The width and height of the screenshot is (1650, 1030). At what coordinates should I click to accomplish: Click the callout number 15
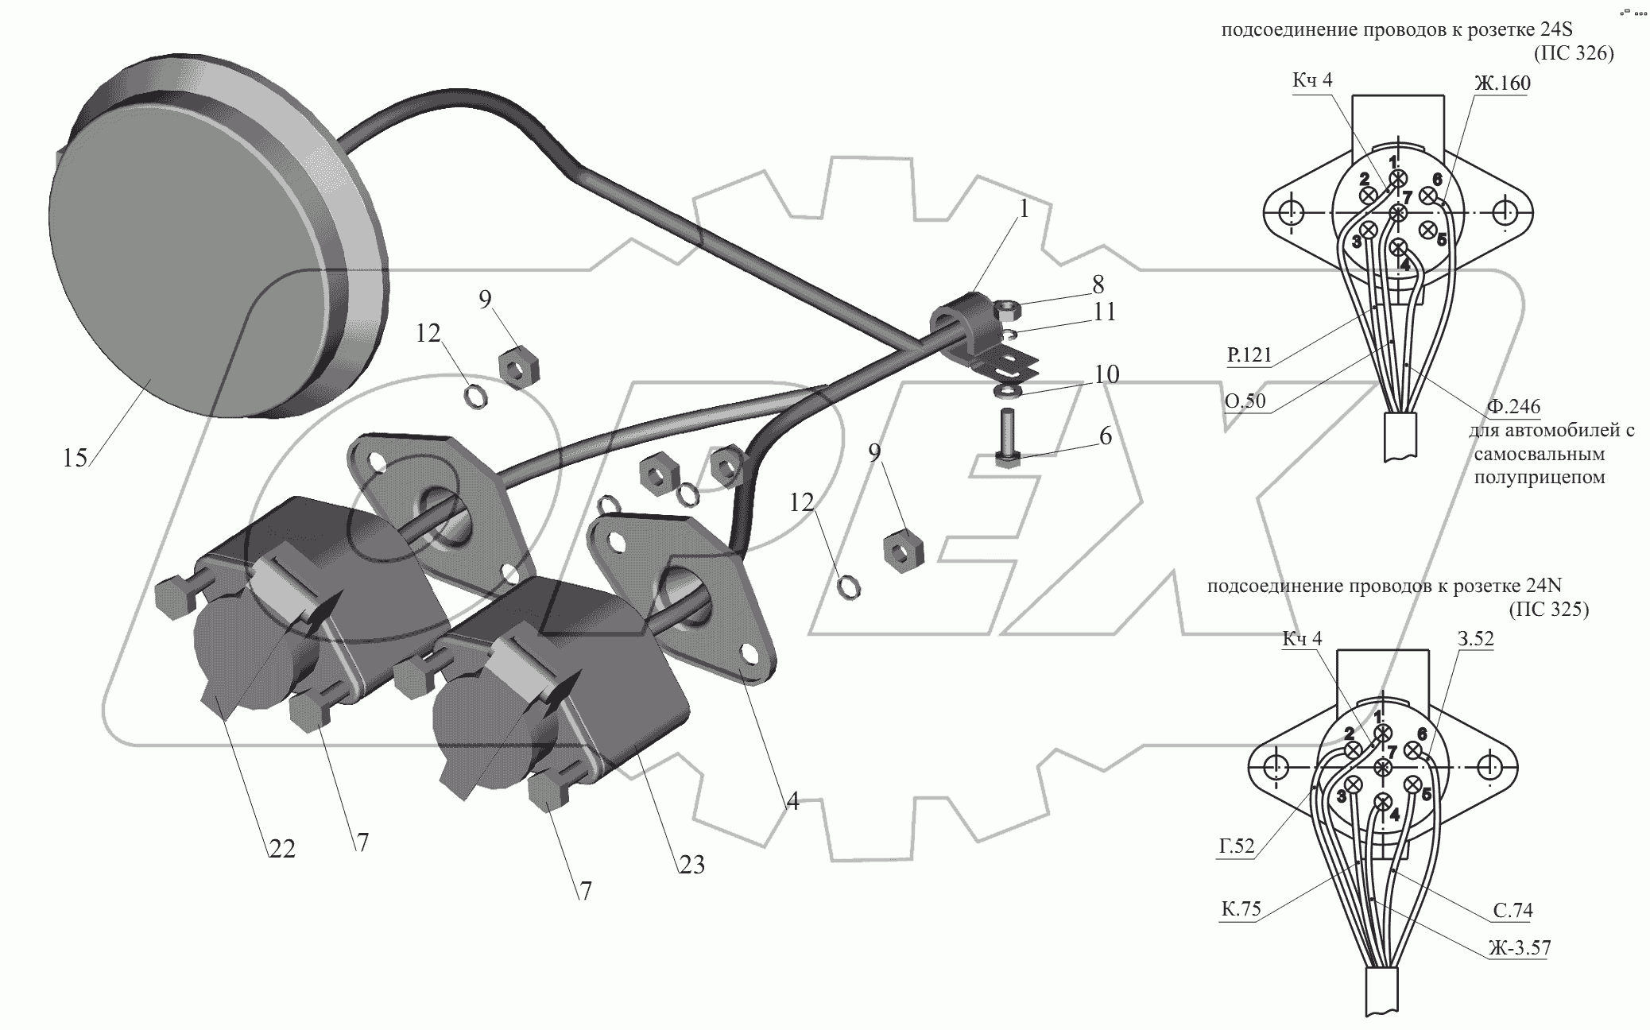point(75,458)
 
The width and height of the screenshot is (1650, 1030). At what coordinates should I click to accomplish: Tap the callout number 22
point(281,849)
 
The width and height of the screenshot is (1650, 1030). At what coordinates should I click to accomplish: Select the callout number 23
point(691,864)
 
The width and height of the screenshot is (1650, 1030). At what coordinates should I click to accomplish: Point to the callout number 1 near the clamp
point(1024,209)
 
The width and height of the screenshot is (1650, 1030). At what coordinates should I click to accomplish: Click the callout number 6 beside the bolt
point(1106,436)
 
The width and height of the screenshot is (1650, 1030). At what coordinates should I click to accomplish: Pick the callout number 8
point(1098,284)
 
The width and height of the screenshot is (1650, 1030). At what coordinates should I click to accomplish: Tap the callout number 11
point(1104,312)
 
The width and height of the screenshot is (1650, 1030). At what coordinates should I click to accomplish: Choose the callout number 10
point(1106,374)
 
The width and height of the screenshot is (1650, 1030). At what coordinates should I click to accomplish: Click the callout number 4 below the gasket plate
point(792,801)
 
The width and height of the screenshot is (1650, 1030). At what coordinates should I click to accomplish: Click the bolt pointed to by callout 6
point(1005,437)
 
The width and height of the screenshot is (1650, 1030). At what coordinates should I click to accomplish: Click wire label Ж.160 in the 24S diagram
point(1501,83)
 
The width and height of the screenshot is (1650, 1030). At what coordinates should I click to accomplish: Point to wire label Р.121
point(1249,354)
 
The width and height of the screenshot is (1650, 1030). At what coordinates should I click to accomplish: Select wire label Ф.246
point(1513,407)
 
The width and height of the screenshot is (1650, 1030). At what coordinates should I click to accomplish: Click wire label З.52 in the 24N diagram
point(1475,638)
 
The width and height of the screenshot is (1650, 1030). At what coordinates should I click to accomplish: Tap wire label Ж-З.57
point(1519,947)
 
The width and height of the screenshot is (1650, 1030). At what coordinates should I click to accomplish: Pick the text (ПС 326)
point(1573,54)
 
